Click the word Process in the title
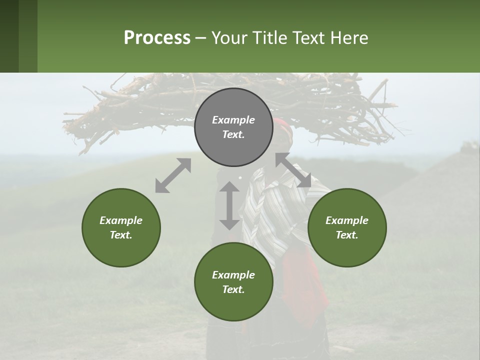tap(157, 38)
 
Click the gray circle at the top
tap(233, 127)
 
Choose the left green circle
tap(121, 227)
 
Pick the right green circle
tap(347, 227)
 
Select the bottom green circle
tap(233, 282)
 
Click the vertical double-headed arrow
tap(229, 205)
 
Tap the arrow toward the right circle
tap(293, 170)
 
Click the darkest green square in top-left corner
tap(9, 36)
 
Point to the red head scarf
tap(284, 126)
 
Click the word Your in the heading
tap(229, 38)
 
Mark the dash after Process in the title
tap(201, 38)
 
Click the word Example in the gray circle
tap(233, 120)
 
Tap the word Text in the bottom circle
tap(233, 289)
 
